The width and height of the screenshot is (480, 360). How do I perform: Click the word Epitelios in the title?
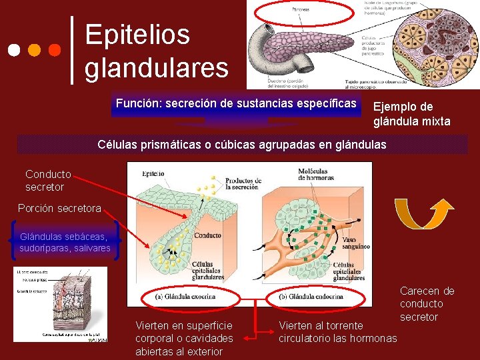point(137,35)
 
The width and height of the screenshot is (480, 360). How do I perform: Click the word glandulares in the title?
point(156,67)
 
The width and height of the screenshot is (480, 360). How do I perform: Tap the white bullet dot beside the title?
point(14,50)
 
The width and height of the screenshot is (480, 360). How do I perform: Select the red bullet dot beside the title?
point(55,50)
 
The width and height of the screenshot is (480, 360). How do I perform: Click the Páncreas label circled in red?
point(299,10)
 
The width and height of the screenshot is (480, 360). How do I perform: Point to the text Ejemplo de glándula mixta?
point(411,114)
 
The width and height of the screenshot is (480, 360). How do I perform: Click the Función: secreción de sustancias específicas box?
point(236,104)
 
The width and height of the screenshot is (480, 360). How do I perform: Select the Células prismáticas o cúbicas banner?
point(242,144)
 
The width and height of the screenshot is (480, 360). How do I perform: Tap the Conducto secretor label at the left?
point(47,181)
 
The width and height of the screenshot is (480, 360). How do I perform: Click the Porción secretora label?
point(59,209)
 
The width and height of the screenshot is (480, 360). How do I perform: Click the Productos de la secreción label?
point(242,183)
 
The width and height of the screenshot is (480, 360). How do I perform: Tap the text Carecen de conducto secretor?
point(427,304)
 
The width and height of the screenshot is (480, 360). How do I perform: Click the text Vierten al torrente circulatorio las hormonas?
point(337,332)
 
